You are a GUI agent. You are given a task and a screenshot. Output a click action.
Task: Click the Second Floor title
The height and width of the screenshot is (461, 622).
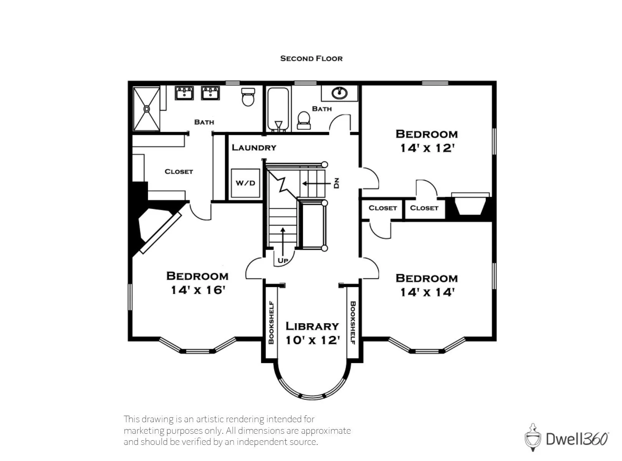coord(311,58)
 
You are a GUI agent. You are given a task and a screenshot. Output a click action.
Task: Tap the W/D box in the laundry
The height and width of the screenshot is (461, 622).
coord(245,183)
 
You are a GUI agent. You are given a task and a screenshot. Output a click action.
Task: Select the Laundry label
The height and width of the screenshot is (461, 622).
coord(254,147)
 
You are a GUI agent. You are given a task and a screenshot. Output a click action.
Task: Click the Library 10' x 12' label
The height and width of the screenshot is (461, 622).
coord(313,333)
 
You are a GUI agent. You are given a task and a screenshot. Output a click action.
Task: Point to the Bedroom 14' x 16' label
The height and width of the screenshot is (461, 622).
coord(197,283)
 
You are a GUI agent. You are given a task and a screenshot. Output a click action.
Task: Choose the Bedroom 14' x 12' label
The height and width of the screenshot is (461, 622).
coord(427,141)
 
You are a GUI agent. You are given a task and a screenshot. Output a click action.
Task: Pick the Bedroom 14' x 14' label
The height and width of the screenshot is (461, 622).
coord(427,285)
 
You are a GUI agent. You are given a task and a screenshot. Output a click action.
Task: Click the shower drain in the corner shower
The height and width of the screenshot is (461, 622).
coord(147,109)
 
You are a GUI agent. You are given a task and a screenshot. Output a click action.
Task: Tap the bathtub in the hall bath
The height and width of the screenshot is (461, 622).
coord(278,109)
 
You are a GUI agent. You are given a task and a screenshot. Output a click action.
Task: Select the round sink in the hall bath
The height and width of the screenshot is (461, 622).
coord(339,93)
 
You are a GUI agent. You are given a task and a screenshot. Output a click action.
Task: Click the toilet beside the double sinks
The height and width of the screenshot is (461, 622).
coord(248,97)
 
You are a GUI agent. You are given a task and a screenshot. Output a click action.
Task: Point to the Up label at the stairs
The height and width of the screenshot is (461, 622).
coord(283,260)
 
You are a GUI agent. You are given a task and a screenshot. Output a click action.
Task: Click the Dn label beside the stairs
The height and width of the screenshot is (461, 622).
coord(336,183)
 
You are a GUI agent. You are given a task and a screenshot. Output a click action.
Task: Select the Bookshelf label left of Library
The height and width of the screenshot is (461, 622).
coord(271,322)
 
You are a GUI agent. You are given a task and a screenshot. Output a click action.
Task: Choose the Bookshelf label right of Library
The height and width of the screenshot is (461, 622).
coord(353,323)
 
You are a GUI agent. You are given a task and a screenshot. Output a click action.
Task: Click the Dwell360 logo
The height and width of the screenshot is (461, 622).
coord(566,439)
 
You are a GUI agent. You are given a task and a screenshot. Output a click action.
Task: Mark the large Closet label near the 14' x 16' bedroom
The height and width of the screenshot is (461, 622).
coord(179,171)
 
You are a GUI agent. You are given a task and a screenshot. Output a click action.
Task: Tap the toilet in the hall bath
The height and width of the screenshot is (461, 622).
coord(304,121)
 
